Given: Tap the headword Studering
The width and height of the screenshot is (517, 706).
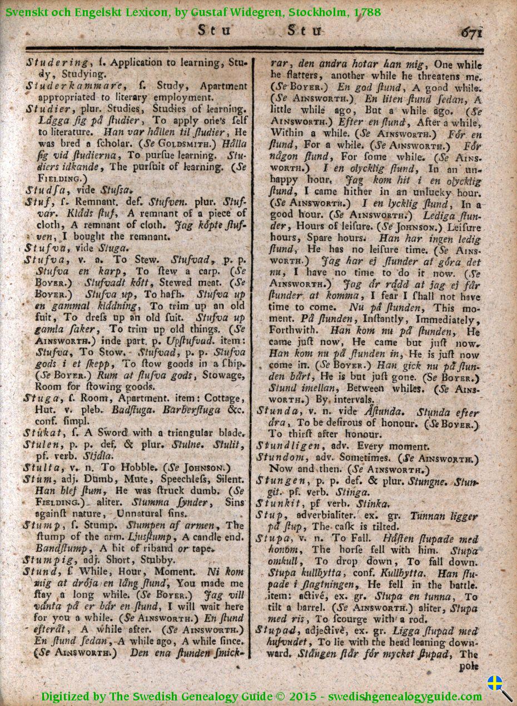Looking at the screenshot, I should pyautogui.click(x=57, y=62).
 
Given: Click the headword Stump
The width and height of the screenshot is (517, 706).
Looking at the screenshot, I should pyautogui.click(x=41, y=525).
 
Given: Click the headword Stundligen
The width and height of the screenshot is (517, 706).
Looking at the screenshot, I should pyautogui.click(x=287, y=446).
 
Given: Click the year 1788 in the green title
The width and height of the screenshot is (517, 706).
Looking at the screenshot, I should pyautogui.click(x=367, y=12).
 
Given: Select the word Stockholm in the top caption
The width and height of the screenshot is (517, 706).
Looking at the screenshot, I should pyautogui.click(x=315, y=12).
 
